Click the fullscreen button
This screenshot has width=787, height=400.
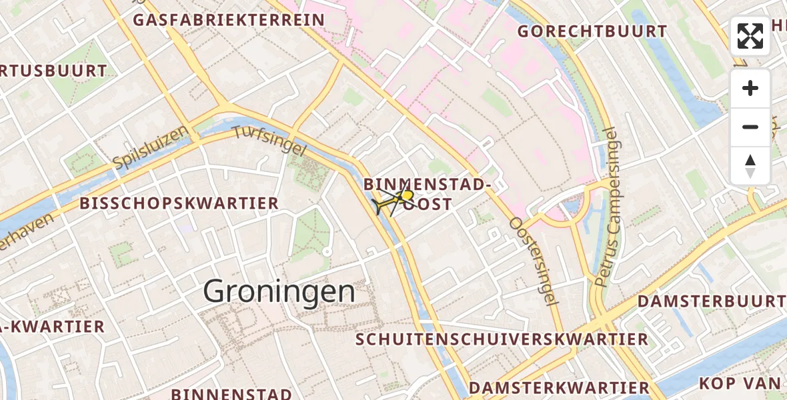750,36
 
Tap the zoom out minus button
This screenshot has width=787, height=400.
750,127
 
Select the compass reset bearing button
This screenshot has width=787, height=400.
750,166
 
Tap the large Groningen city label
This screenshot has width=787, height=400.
279,292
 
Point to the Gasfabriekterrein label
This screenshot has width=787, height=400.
229,20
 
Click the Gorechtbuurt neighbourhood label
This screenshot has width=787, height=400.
592,31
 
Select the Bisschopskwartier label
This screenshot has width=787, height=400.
179,204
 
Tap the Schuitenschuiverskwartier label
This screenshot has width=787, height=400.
502,339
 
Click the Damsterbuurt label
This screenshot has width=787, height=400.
711,301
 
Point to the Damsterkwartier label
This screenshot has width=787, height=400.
559,388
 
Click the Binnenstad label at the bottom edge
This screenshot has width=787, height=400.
231,393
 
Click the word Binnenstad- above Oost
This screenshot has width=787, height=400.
428,185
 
